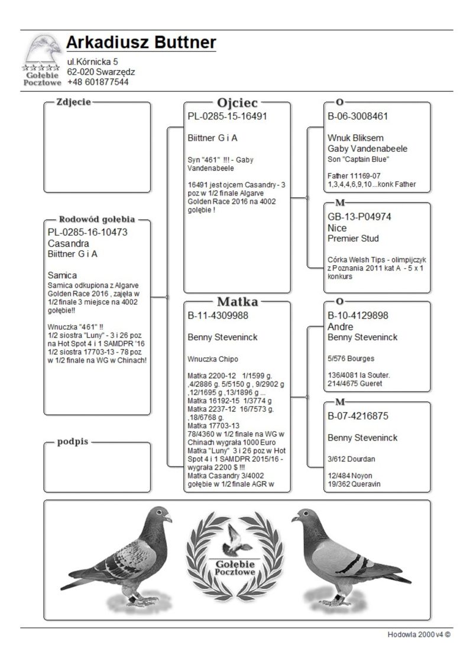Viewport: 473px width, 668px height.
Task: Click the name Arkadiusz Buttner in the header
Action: pyautogui.click(x=141, y=43)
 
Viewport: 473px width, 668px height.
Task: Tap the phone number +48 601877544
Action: pyautogui.click(x=98, y=82)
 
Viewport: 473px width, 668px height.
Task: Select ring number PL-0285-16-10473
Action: pyautogui.click(x=88, y=232)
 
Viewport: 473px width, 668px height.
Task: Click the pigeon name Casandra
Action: pyautogui.click(x=68, y=243)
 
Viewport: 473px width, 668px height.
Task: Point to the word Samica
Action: pyautogui.click(x=63, y=275)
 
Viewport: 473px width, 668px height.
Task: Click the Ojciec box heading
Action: pyautogui.click(x=237, y=103)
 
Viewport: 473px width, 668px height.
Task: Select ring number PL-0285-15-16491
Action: pyautogui.click(x=227, y=116)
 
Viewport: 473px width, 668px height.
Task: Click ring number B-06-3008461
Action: pyautogui.click(x=358, y=116)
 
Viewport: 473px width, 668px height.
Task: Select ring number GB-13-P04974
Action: pyautogui.click(x=359, y=217)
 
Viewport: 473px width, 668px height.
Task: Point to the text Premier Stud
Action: pyautogui.click(x=353, y=239)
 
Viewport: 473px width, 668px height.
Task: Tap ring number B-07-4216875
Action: pyautogui.click(x=358, y=416)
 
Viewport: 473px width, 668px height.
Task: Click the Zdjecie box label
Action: pyautogui.click(x=73, y=102)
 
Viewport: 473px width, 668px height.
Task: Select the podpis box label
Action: pyautogui.click(x=73, y=442)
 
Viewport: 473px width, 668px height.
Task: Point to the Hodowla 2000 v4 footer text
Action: pyautogui.click(x=419, y=634)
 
